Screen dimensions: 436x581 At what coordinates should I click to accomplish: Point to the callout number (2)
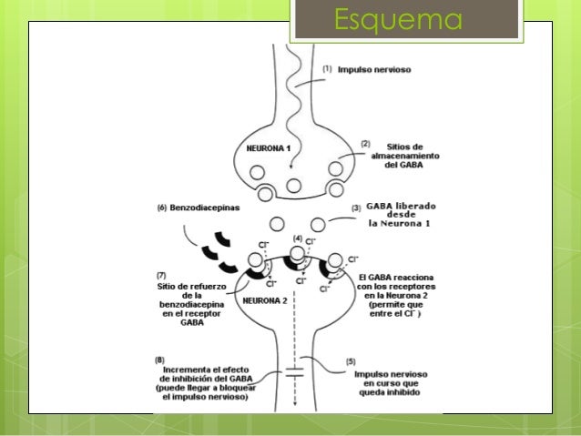[365, 144]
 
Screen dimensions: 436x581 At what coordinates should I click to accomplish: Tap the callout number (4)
[296, 238]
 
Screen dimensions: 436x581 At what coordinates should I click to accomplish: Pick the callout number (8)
[160, 359]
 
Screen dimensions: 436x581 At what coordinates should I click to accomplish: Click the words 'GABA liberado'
[405, 207]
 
